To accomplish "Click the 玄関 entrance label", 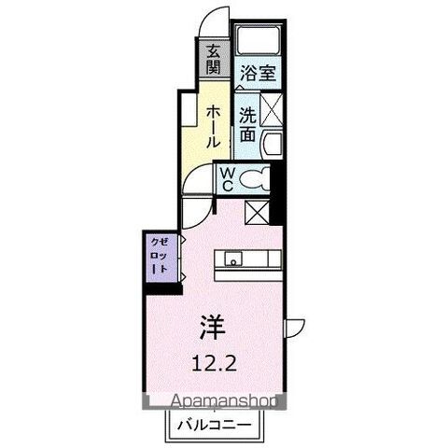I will tap(214, 60).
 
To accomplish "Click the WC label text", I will tap(227, 178).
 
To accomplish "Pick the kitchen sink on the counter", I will tap(231, 259).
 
